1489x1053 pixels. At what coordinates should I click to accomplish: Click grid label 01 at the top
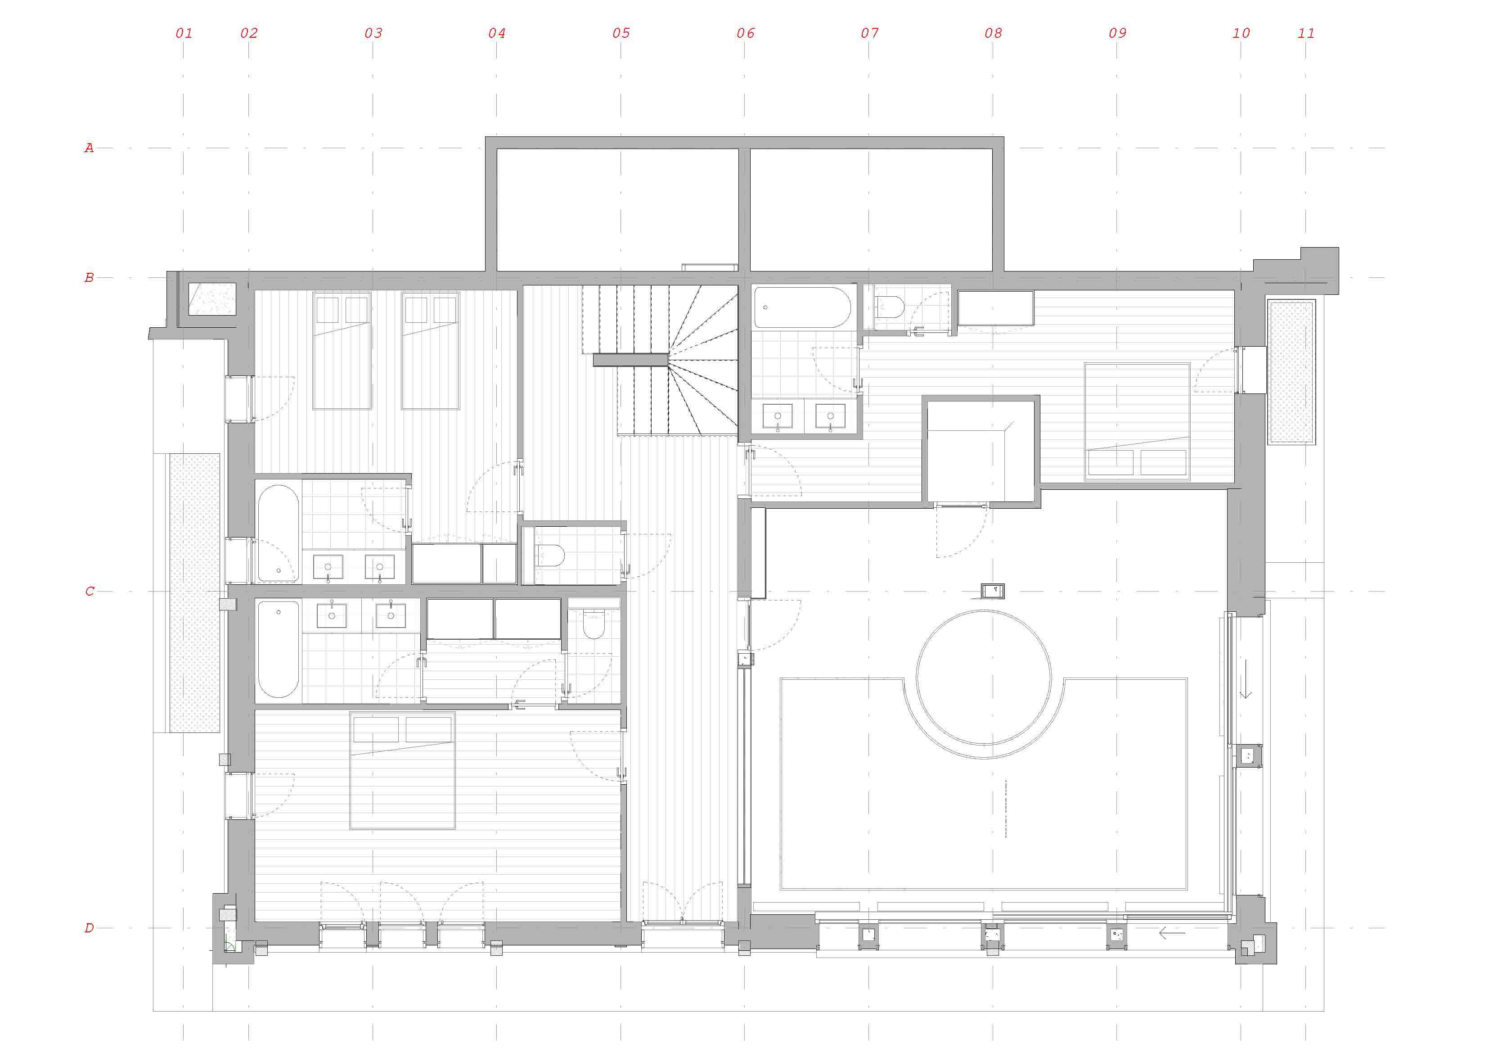(184, 33)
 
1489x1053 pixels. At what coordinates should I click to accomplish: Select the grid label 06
(745, 33)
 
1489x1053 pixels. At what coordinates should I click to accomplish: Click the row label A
(89, 148)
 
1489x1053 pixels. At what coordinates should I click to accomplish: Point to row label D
(89, 928)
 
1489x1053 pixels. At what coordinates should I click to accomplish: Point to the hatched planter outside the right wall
(1291, 372)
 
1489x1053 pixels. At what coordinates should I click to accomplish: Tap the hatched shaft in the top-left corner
(212, 299)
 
